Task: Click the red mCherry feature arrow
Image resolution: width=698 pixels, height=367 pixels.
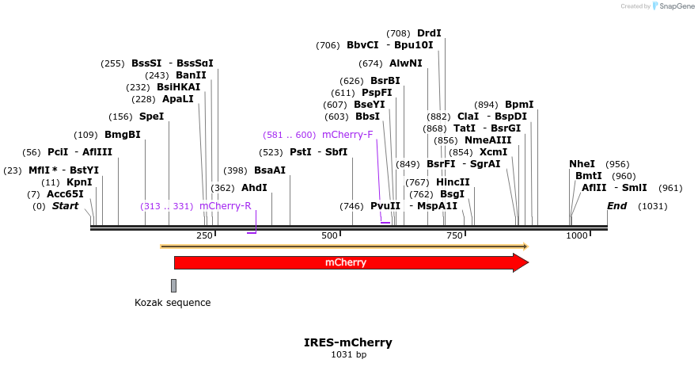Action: (348, 262)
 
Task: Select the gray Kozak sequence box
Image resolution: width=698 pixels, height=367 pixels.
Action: (173, 285)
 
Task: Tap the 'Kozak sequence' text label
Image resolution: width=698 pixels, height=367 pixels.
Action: (173, 302)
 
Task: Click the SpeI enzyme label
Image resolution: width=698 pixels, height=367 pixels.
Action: (151, 117)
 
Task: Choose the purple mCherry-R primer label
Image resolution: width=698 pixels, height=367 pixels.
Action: (225, 206)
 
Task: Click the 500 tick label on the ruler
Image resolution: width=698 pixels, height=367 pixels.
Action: (329, 235)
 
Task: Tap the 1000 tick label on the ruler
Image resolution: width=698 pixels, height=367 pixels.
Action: (577, 235)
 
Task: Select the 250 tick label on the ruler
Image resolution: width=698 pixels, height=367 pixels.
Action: (204, 235)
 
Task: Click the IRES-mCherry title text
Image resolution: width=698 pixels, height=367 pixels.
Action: (348, 342)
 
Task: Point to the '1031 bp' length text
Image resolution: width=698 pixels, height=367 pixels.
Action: (348, 354)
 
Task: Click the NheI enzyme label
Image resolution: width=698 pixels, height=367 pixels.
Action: (582, 164)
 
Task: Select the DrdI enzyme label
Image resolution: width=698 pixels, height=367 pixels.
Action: (429, 33)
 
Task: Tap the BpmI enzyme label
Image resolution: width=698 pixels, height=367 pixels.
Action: (519, 105)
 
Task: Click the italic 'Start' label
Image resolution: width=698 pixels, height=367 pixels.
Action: (66, 206)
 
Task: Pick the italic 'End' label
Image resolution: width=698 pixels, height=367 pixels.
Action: (617, 206)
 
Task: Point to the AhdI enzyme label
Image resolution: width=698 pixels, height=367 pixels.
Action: (254, 188)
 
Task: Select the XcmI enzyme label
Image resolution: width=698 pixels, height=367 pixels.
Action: (494, 152)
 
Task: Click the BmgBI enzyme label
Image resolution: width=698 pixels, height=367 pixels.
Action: (122, 135)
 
